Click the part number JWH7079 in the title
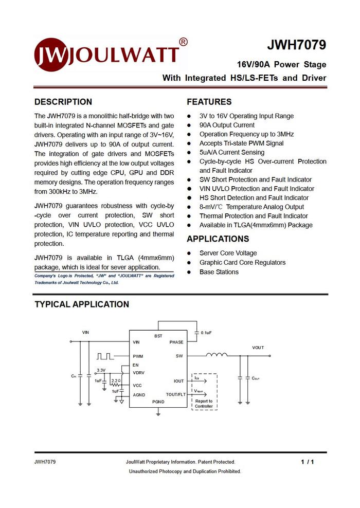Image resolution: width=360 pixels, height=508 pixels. [x=296, y=45]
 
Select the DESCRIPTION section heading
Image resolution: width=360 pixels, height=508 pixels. [x=63, y=102]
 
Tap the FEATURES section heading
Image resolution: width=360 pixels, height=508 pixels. [x=209, y=102]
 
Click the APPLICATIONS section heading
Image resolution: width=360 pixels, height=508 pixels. [x=218, y=239]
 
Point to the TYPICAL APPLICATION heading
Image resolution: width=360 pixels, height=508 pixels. [x=82, y=304]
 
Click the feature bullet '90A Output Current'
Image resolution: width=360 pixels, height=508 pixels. [x=227, y=125]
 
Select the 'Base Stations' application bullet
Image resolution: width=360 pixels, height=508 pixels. [x=219, y=271]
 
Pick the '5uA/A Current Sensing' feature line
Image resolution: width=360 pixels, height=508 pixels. [x=232, y=152]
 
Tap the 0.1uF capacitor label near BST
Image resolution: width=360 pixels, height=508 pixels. [x=206, y=333]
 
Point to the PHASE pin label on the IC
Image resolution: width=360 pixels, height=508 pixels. [x=176, y=342]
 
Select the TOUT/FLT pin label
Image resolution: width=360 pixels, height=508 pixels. [x=176, y=394]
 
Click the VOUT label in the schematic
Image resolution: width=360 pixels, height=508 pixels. [x=258, y=348]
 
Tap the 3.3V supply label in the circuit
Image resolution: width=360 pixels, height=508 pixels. [x=101, y=370]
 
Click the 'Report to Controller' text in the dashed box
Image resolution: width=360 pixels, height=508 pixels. [x=204, y=404]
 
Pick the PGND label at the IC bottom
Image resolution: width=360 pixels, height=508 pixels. [x=158, y=401]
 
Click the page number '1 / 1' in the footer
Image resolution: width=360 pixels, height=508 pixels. [x=307, y=462]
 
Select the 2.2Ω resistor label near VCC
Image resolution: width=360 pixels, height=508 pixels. [x=116, y=381]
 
